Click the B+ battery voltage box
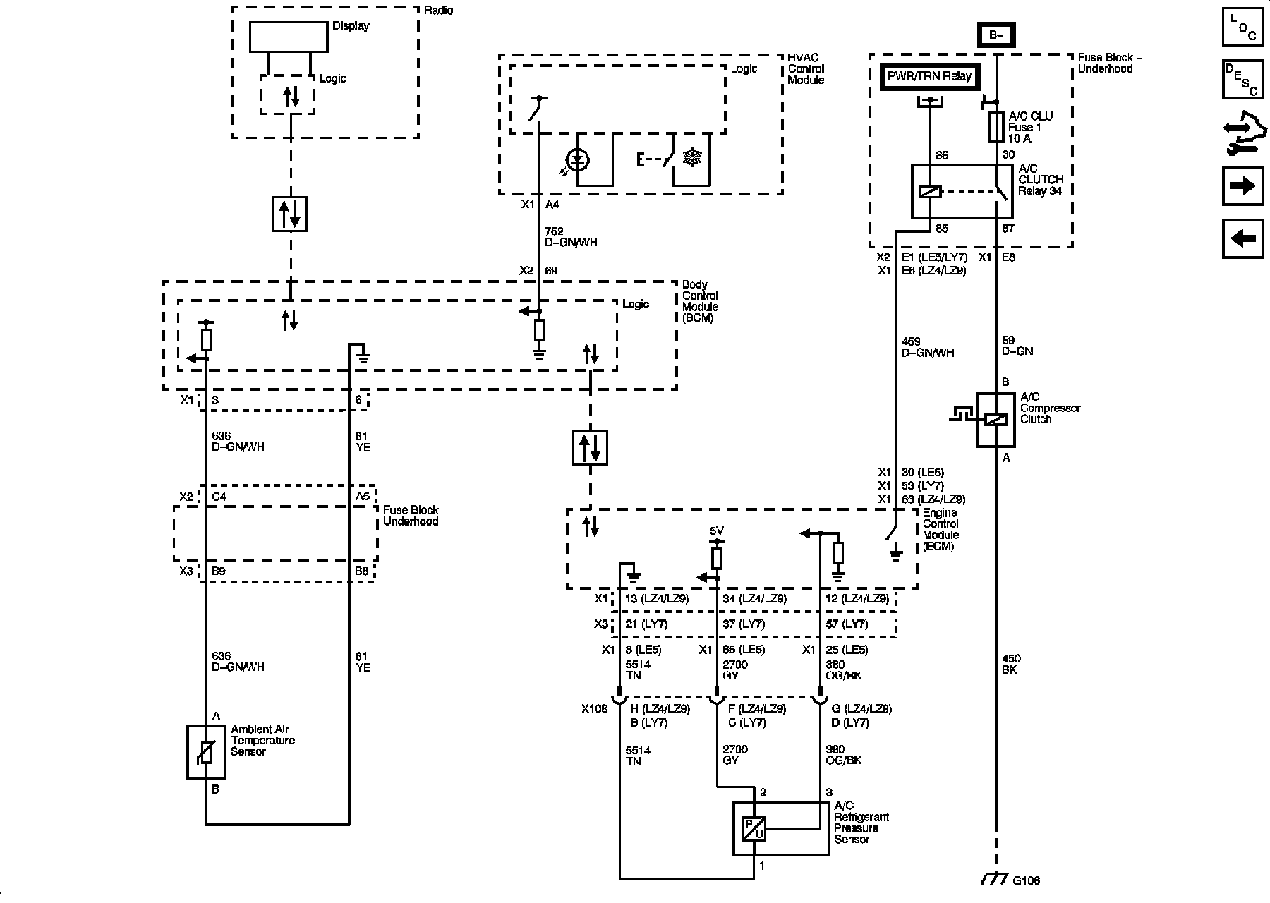coord(996,35)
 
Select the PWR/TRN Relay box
coord(930,76)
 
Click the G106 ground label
coord(1026,880)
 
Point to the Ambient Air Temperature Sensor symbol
coord(205,752)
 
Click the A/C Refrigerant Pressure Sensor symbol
coord(754,828)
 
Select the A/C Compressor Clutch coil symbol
coord(996,420)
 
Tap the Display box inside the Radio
coord(289,37)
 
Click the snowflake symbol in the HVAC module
coord(692,159)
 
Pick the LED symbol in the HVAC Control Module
coord(579,161)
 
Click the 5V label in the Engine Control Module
coord(716,531)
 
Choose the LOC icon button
coord(1242,26)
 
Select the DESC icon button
coord(1242,79)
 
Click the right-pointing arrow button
coord(1242,186)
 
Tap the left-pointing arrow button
coord(1242,238)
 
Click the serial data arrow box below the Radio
coord(289,214)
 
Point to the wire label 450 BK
coord(1010,664)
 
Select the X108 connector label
coord(594,709)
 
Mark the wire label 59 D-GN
coord(1017,345)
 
